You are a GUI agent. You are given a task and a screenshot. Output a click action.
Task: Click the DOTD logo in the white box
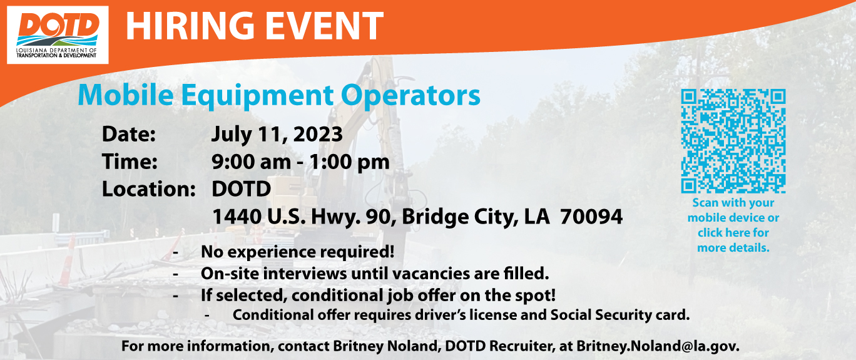(x=58, y=35)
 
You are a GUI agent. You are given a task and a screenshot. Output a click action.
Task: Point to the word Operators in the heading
(x=410, y=96)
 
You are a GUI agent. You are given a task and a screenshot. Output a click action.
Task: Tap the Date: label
(x=129, y=135)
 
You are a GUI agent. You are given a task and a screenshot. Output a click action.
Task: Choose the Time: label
(x=130, y=162)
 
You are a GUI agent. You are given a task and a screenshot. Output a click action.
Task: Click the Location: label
(x=149, y=189)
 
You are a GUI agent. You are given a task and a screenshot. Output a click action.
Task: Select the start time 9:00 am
(x=251, y=162)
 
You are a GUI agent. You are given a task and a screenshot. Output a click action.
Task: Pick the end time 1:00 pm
(x=349, y=162)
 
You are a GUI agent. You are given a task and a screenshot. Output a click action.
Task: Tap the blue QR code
(x=733, y=141)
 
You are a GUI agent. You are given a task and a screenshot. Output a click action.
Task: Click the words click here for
(x=733, y=233)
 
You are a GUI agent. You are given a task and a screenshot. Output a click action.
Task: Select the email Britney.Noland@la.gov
(x=658, y=346)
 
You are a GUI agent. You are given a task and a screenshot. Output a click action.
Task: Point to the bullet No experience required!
(x=297, y=252)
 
